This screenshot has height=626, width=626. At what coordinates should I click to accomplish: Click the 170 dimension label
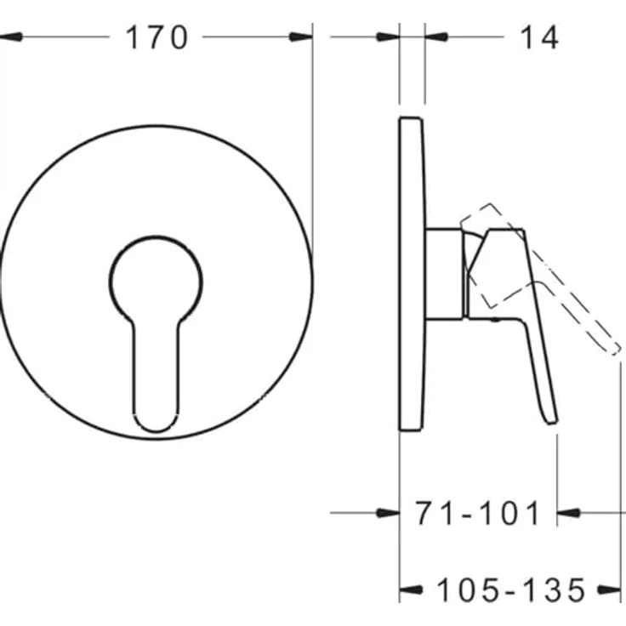click(156, 37)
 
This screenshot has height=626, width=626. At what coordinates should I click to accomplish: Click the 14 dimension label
click(539, 37)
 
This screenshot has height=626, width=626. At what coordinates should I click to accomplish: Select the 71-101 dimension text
click(477, 513)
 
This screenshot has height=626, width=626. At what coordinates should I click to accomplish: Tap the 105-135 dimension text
click(511, 589)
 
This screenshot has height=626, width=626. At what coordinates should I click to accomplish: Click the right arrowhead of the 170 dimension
click(300, 37)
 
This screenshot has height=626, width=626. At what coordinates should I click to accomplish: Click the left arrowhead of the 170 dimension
click(11, 37)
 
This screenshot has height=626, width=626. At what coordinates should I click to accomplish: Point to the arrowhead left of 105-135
click(411, 589)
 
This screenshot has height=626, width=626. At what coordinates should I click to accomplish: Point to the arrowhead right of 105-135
click(609, 589)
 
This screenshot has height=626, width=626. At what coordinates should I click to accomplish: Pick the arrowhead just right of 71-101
click(568, 513)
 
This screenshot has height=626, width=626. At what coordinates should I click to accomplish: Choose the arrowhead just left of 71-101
click(388, 513)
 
